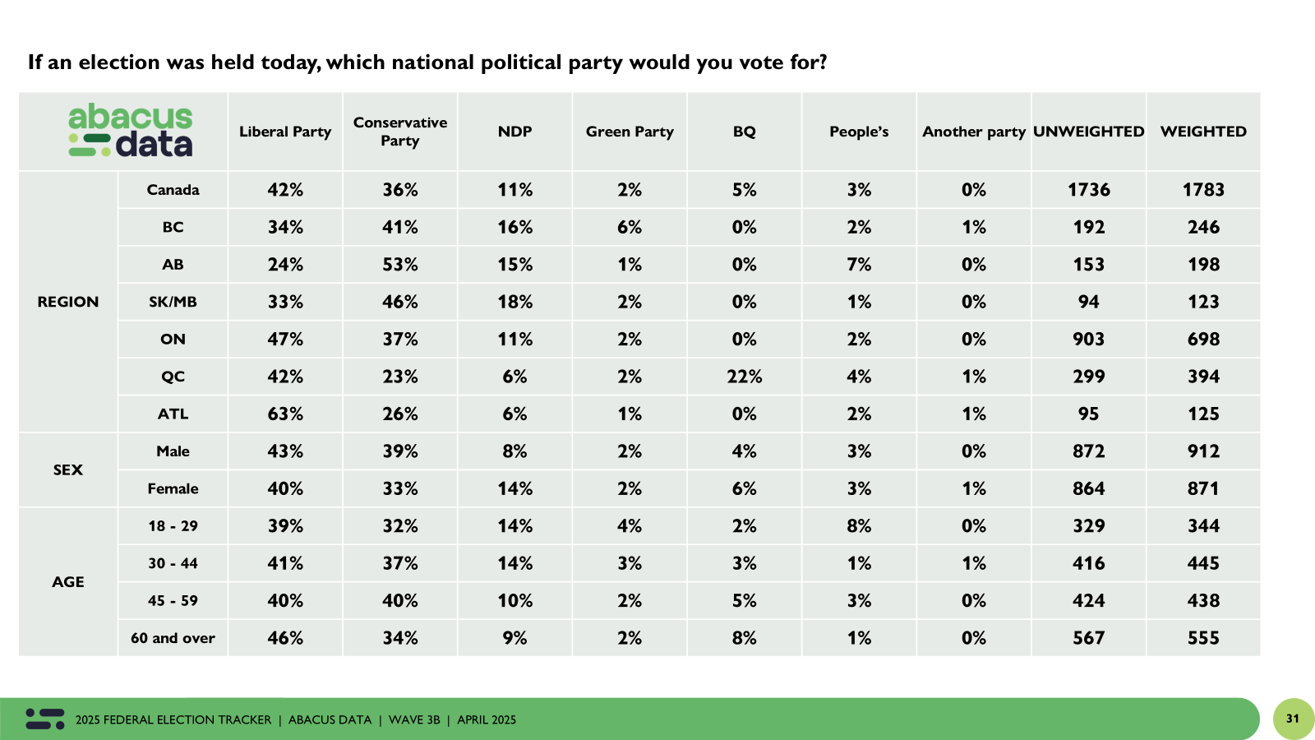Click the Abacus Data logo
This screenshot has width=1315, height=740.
[x=131, y=131]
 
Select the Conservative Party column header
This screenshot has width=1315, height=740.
[x=400, y=132]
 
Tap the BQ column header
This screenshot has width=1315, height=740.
[x=744, y=132]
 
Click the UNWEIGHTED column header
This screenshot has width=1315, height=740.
[x=1088, y=132]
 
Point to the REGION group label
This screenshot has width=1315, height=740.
[x=68, y=302]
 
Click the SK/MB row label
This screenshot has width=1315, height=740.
[x=173, y=302]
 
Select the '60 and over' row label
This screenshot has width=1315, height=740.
[x=173, y=638]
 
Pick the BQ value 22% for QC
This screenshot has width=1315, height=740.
[x=744, y=377]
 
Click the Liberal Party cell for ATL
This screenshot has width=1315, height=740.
[x=285, y=414]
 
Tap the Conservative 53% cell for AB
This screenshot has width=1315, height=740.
[x=400, y=265]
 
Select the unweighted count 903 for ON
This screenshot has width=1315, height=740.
[x=1088, y=339]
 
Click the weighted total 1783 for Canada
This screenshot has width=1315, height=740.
[x=1203, y=190]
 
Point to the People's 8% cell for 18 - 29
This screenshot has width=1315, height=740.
[x=859, y=526]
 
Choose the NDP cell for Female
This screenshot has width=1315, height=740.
[x=514, y=488]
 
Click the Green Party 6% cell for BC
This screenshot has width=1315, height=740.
[x=630, y=227]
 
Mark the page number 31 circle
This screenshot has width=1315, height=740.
[x=1293, y=719]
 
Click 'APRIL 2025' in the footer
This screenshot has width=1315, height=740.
[x=487, y=719]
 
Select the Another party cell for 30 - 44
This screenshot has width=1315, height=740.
[x=974, y=563]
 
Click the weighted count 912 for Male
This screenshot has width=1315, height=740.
[x=1203, y=451]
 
